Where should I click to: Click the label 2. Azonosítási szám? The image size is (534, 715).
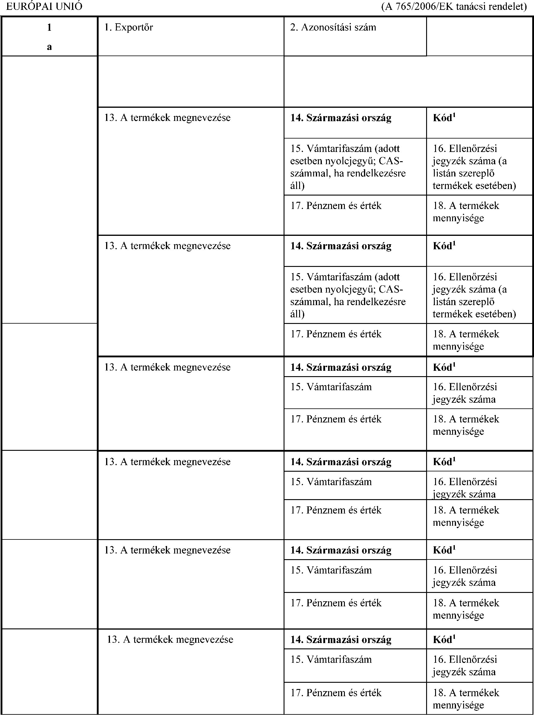(x=333, y=27)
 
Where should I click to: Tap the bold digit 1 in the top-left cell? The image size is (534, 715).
(x=49, y=27)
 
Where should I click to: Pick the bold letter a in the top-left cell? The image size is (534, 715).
(x=49, y=47)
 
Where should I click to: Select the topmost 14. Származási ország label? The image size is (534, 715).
(x=341, y=118)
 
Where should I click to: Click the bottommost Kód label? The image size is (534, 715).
(x=442, y=640)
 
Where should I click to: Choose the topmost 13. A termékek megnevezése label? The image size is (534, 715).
(x=167, y=118)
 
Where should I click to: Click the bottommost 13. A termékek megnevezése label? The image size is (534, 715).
(x=170, y=639)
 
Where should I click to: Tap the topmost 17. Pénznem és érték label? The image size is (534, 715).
(x=336, y=206)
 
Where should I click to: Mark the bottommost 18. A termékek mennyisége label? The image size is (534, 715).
(x=466, y=699)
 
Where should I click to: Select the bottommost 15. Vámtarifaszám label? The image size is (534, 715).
(x=331, y=659)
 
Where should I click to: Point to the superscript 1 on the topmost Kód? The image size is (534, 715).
(x=454, y=115)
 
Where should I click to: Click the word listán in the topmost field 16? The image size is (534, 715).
(x=443, y=173)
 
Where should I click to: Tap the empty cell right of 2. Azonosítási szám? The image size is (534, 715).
(x=479, y=36)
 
